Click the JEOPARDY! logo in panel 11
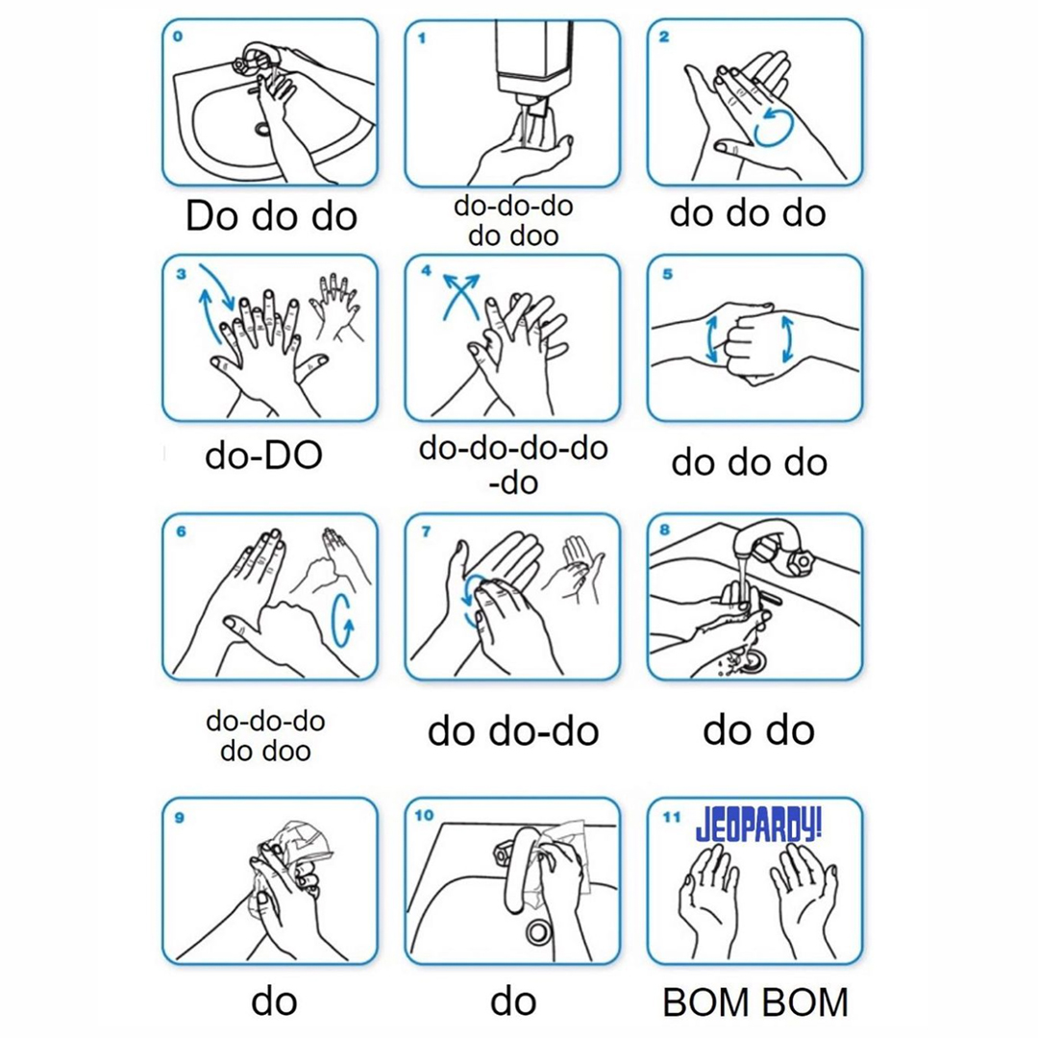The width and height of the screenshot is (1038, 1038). pyautogui.click(x=758, y=826)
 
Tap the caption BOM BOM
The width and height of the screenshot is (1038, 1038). pyautogui.click(x=755, y=1002)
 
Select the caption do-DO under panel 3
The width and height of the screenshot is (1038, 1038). pyautogui.click(x=263, y=456)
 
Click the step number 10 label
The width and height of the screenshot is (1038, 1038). pyautogui.click(x=424, y=815)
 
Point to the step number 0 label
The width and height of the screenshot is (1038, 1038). pyautogui.click(x=178, y=37)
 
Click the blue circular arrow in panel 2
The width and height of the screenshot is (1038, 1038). pyautogui.click(x=773, y=127)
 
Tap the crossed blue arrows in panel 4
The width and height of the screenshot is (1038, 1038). pyautogui.click(x=460, y=296)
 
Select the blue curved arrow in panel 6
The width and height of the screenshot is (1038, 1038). pyautogui.click(x=342, y=620)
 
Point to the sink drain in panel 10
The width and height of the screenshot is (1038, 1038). pyautogui.click(x=537, y=932)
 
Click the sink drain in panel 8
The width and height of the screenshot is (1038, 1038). pyautogui.click(x=752, y=659)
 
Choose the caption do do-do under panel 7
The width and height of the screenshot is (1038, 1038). pyautogui.click(x=513, y=731)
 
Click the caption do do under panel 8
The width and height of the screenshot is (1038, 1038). pyautogui.click(x=758, y=730)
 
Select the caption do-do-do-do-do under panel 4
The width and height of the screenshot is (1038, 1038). pyautogui.click(x=513, y=465)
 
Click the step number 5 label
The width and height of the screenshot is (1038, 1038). pyautogui.click(x=667, y=273)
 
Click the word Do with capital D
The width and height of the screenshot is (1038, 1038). pyautogui.click(x=211, y=216)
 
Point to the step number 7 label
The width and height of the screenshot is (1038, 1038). pyautogui.click(x=426, y=531)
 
